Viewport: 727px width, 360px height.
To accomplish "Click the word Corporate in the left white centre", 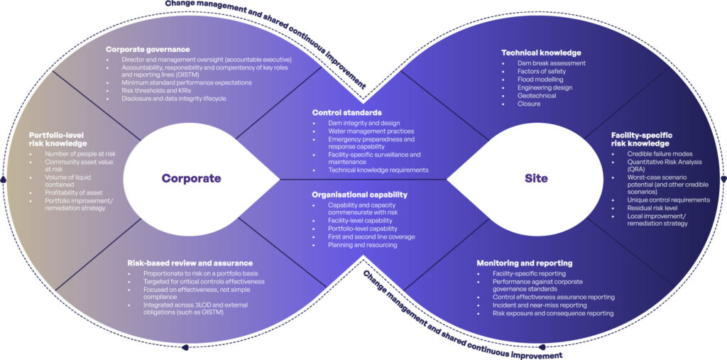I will point(191,178).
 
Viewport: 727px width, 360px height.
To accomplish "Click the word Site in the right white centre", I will point(536,178).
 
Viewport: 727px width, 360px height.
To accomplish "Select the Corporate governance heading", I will point(148,49).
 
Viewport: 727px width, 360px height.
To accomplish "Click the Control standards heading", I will point(347,112).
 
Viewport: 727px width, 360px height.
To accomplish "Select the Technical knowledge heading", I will point(541,53).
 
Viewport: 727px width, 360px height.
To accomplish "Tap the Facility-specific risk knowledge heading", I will point(642,138).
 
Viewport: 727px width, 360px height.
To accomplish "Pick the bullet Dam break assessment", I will point(552,63).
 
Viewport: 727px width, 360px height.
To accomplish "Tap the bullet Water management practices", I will point(371,131).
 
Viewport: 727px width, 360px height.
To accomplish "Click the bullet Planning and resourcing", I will point(362,245).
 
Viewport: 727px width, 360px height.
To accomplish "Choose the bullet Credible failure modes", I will point(660,153).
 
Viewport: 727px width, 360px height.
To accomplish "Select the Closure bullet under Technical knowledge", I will point(529,103).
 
